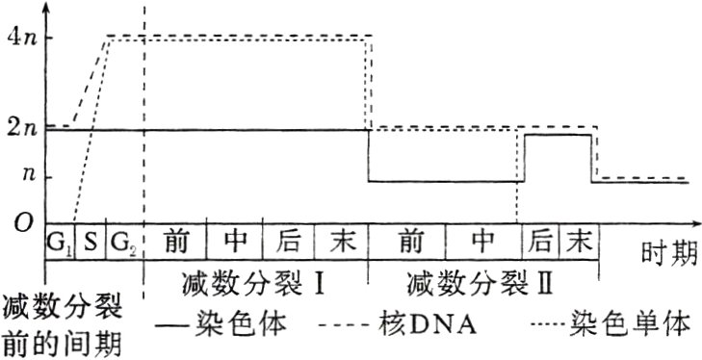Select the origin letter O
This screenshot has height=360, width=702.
tap(21, 223)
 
